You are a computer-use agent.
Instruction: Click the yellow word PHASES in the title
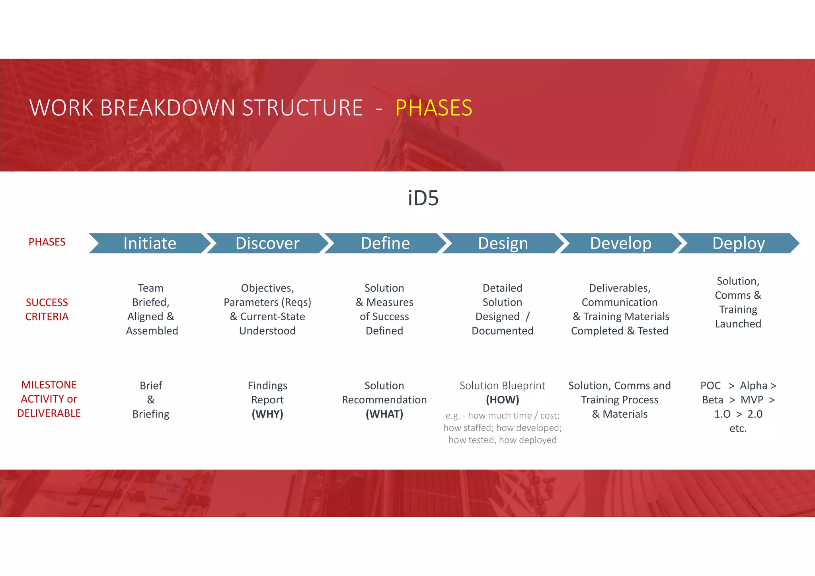click(x=433, y=108)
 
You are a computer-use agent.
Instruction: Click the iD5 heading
click(x=423, y=198)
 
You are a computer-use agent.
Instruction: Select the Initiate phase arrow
click(x=149, y=243)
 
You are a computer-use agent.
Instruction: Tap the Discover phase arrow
click(x=267, y=243)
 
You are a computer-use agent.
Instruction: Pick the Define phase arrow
click(x=385, y=243)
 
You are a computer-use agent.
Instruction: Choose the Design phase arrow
click(x=503, y=243)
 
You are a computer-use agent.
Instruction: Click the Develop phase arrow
click(x=620, y=243)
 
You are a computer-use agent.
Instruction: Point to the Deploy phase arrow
click(x=738, y=243)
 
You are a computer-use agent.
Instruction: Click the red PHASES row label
click(x=47, y=242)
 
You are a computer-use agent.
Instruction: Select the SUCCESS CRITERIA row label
click(x=47, y=309)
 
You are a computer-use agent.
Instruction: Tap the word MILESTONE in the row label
click(x=49, y=385)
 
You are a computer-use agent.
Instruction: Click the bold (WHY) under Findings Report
click(x=267, y=414)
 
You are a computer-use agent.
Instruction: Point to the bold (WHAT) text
click(x=384, y=414)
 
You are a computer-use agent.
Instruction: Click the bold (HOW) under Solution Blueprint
click(x=502, y=400)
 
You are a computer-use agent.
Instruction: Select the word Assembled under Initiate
click(x=152, y=331)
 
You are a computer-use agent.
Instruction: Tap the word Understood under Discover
click(x=267, y=331)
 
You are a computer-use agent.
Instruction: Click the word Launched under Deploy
click(x=738, y=324)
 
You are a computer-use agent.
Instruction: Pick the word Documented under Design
click(x=502, y=331)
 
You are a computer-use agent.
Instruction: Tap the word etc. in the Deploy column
click(x=738, y=428)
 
